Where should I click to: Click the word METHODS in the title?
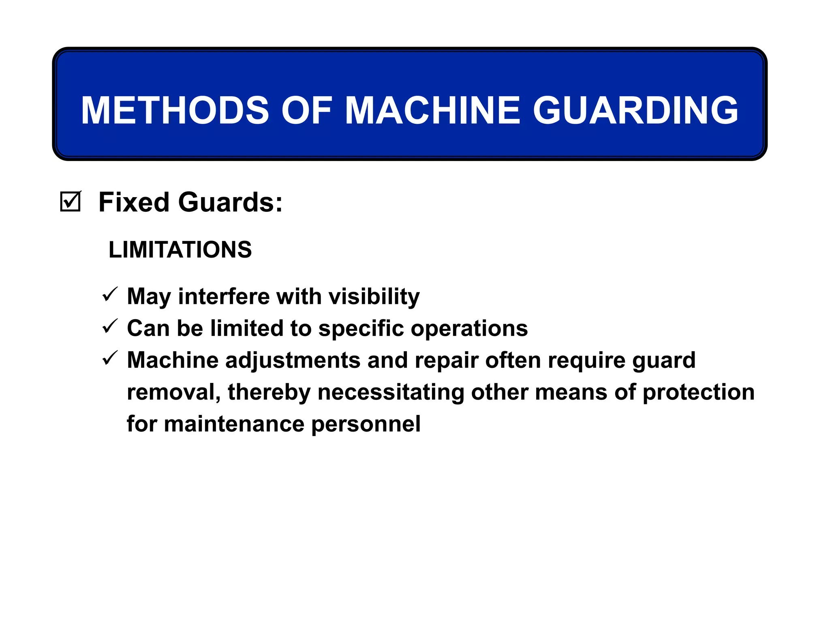coord(175,110)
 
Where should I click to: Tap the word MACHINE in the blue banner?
coord(432,110)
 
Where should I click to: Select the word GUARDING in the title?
coord(635,110)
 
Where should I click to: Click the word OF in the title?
coord(307,110)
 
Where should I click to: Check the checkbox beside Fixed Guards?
coord(71,202)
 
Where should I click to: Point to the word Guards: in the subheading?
coord(231,202)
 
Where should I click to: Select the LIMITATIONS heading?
coord(180,249)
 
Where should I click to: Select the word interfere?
coord(224,296)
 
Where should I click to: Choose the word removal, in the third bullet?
coord(173,392)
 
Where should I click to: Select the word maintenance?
coord(234,424)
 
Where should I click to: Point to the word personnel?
coord(366,424)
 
